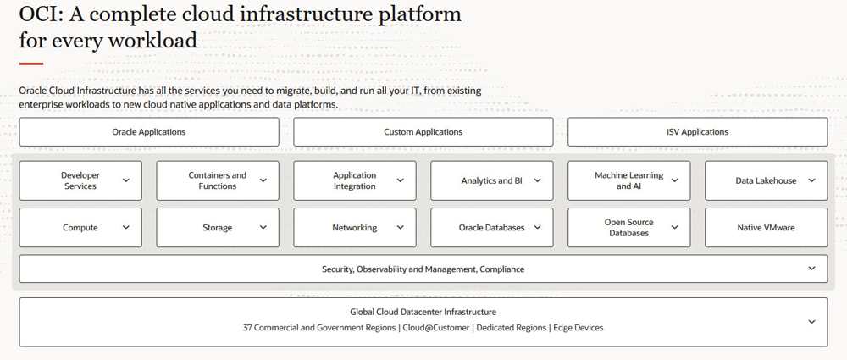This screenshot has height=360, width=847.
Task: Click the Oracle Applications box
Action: (149, 132)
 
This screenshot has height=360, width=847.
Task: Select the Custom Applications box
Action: (423, 132)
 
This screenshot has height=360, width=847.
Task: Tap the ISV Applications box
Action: (697, 132)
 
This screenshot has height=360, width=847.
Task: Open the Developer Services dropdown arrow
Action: (126, 180)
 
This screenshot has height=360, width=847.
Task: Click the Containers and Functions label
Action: (217, 180)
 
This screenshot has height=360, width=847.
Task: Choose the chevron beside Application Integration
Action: (401, 180)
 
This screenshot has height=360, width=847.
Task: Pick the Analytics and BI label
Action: (491, 180)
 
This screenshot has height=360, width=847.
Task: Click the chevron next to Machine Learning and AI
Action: (675, 180)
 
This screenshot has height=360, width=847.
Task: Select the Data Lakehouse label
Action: (766, 180)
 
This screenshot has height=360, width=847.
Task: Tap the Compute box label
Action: (80, 228)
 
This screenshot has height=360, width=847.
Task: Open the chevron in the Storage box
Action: (263, 228)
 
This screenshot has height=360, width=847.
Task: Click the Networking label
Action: (354, 228)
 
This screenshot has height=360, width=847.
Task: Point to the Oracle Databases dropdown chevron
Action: (538, 228)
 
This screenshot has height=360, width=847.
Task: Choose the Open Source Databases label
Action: (628, 228)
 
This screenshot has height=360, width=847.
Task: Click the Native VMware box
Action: (766, 228)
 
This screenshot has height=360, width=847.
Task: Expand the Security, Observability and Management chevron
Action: (811, 269)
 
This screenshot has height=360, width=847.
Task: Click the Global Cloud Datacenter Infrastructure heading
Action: (423, 312)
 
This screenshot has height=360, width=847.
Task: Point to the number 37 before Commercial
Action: (248, 328)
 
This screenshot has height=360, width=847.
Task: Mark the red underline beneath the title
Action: (30, 64)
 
